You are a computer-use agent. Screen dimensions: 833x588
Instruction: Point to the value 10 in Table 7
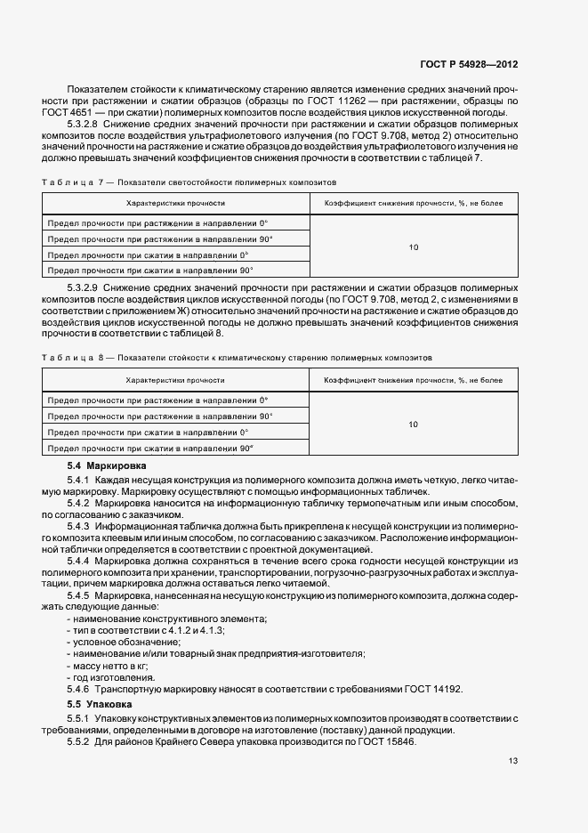[413, 247]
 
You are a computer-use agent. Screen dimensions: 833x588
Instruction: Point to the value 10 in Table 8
[413, 425]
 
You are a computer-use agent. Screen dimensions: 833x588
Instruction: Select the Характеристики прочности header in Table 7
[174, 204]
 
